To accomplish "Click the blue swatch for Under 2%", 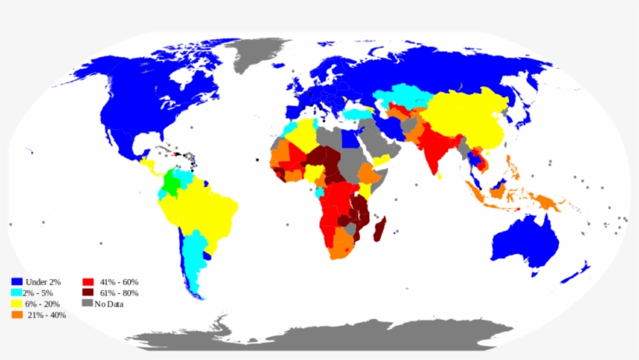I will tap(16, 281).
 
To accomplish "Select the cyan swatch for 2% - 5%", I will tap(16, 292).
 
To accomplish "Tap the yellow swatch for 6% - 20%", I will tap(16, 303).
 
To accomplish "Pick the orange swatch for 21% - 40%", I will tap(16, 315).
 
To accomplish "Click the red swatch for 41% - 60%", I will tap(87, 281).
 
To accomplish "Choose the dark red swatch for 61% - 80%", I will tap(87, 292).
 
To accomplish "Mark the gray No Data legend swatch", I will tap(87, 303).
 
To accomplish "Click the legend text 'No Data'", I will tap(109, 304).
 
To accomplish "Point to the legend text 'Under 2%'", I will tap(42, 281).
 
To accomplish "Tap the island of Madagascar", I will tap(380, 230).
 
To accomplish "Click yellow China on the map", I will tap(468, 117).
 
